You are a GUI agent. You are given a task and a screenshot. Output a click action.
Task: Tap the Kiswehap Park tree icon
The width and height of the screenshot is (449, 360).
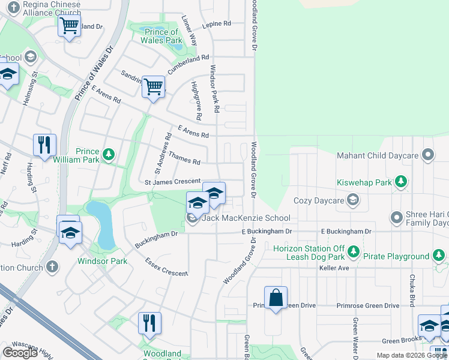coord(400,182)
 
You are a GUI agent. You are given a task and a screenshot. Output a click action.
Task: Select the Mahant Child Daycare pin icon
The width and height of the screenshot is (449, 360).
coord(427,155)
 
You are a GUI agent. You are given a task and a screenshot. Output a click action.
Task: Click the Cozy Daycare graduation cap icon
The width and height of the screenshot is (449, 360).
coord(354,200)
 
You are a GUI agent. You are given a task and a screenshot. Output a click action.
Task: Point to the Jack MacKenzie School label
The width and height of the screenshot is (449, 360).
coord(246,218)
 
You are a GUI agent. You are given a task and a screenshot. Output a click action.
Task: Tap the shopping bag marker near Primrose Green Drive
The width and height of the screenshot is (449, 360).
coord(276,298)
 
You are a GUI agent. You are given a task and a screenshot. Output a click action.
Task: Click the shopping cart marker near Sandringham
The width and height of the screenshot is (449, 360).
coord(154,86)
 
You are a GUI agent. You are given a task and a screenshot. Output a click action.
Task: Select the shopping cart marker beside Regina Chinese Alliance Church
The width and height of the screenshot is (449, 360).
coord(70,26)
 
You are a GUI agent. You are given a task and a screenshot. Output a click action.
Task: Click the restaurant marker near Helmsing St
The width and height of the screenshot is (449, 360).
coord(44,145)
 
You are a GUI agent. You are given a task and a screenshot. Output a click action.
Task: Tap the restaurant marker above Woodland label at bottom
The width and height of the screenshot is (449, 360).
coord(149,323)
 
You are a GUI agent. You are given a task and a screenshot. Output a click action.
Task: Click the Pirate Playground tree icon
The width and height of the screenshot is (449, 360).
coord(439,256)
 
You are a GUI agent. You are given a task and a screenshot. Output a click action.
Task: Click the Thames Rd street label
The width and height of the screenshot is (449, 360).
coord(184,158)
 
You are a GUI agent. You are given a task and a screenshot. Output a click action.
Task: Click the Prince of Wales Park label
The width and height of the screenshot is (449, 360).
coord(161,36)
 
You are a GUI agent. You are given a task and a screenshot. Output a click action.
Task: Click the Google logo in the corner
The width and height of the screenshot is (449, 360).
coord(20,353)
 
